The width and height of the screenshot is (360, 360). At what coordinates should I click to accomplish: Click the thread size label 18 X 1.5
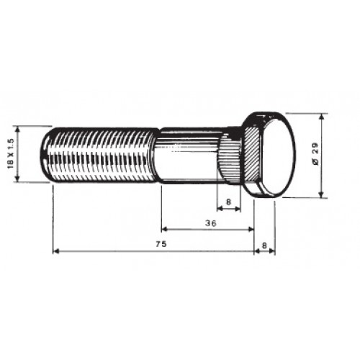[12, 154]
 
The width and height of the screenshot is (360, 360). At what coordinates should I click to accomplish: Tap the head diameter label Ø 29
[315, 155]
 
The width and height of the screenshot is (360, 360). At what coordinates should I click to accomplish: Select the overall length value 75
[161, 244]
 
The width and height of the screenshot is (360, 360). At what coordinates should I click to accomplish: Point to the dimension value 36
[211, 223]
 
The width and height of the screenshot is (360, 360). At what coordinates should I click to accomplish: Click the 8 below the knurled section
[228, 202]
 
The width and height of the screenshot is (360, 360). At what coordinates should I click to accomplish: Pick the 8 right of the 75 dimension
[264, 246]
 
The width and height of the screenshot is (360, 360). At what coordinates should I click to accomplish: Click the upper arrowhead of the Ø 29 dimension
[322, 117]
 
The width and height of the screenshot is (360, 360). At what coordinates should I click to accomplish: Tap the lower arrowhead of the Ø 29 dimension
[322, 194]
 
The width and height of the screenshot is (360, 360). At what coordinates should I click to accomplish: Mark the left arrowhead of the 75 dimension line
[56, 251]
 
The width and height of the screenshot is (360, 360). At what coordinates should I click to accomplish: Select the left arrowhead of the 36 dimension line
[165, 230]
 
